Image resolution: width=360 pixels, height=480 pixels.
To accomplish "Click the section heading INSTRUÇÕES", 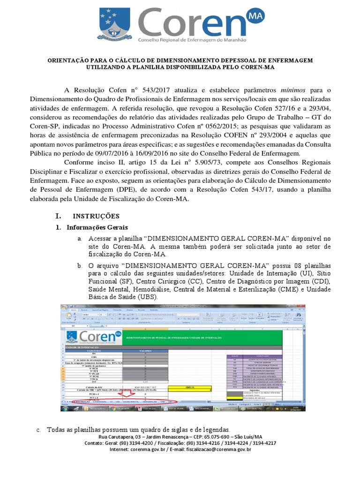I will point(96,216).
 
